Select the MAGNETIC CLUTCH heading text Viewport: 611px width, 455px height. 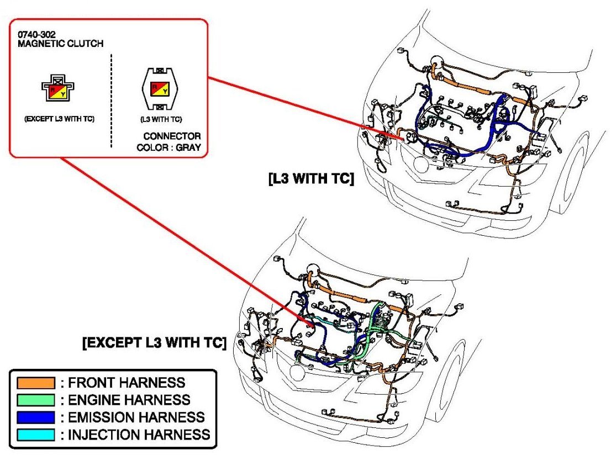[x=60, y=44]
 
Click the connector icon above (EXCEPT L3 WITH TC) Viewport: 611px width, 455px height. [x=58, y=86]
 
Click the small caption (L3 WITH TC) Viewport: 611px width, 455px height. [x=160, y=119]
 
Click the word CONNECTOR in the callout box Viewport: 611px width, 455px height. [x=172, y=136]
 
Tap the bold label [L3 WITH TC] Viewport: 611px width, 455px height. [x=310, y=179]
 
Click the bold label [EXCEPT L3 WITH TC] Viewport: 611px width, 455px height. [x=154, y=344]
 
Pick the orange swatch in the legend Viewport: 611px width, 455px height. [x=36, y=383]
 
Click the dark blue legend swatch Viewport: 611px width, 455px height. [x=36, y=417]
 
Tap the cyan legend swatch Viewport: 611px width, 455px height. [x=36, y=434]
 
